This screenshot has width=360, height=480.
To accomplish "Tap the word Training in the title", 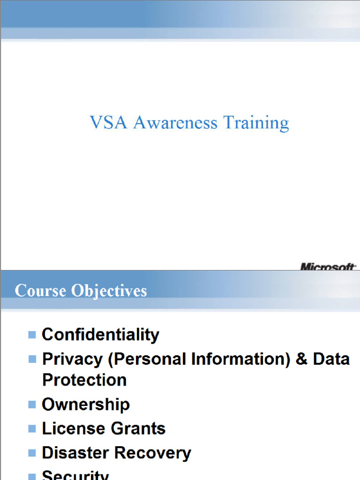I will [x=256, y=123].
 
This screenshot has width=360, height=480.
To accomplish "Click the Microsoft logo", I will [x=328, y=267].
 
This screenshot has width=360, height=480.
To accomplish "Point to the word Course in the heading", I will [x=41, y=291].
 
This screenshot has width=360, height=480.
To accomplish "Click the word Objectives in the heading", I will [x=109, y=291].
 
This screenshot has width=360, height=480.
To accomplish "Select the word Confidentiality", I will [x=100, y=335].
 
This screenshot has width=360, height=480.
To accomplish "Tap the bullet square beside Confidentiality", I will [x=32, y=335].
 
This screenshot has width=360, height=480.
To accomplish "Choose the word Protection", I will [x=84, y=380].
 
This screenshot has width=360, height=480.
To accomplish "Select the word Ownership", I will [x=86, y=404].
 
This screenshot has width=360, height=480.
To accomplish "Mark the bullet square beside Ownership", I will [x=32, y=404].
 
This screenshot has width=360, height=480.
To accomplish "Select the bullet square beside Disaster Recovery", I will [x=32, y=453].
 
